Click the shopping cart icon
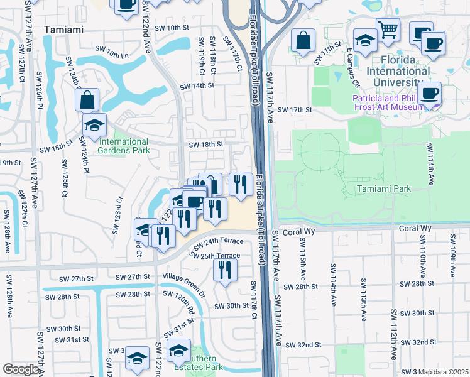(x=388, y=29)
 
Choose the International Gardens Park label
(x=123, y=146)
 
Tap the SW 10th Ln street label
(x=111, y=52)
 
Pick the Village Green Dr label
(x=184, y=277)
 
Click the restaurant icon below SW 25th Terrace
(x=224, y=270)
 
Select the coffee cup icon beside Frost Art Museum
(x=430, y=94)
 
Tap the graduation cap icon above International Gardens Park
(x=94, y=126)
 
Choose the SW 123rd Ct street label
(x=117, y=215)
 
